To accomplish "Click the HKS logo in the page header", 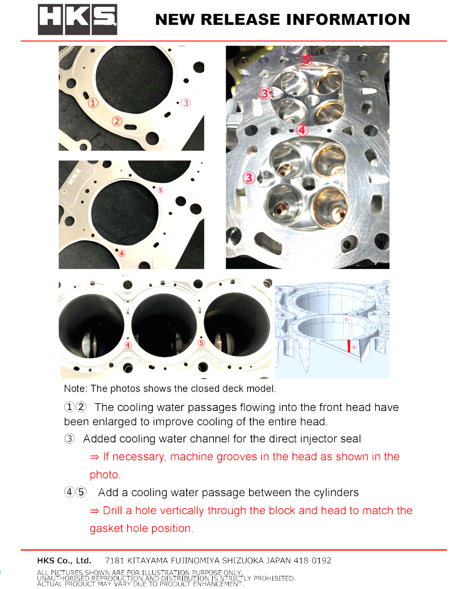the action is (x=78, y=19).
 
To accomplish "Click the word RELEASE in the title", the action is (x=240, y=20).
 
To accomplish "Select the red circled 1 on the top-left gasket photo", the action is (x=93, y=103).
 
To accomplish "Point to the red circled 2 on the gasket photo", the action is (x=117, y=121).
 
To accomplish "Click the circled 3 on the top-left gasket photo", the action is (x=186, y=103).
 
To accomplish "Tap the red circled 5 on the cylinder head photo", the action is (x=306, y=59).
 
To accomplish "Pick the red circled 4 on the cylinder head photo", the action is (x=302, y=130).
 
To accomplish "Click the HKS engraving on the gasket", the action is (x=74, y=177).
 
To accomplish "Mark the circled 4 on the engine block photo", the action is (x=128, y=345).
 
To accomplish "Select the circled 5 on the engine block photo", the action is (x=201, y=343).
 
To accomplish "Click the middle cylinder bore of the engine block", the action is (x=164, y=325).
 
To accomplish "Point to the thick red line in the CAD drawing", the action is (x=348, y=346).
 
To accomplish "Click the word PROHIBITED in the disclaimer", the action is (x=274, y=578).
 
